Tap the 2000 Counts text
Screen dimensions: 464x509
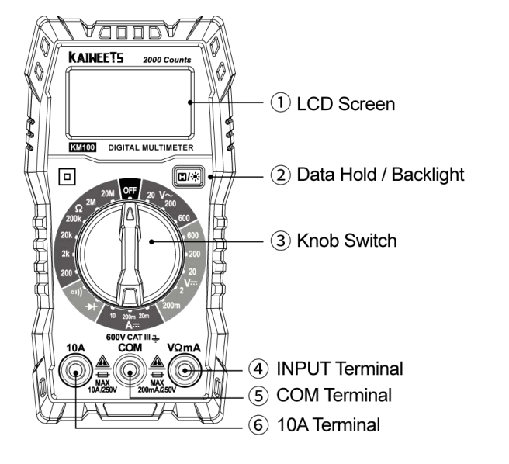tap(167, 60)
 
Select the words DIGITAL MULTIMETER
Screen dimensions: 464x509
tap(150, 147)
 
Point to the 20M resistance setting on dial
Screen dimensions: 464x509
tap(107, 191)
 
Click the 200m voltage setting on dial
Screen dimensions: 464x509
tap(171, 307)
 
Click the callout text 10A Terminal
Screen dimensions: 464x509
tap(328, 424)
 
